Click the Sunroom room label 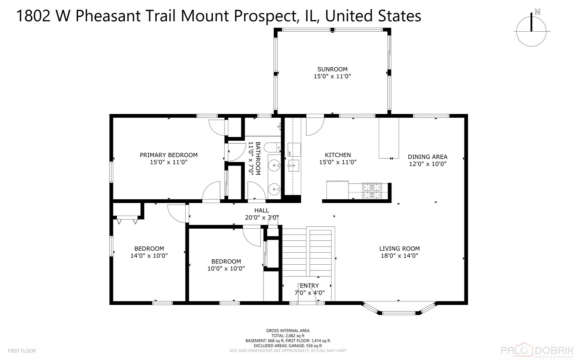click(332, 69)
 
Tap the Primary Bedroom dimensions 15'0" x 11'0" click(169, 162)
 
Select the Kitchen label click(338, 155)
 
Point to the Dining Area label click(427, 157)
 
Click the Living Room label click(399, 249)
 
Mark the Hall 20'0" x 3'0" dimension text click(262, 218)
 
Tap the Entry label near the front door click(309, 286)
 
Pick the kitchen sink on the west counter click(294, 165)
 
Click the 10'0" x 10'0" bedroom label click(226, 265)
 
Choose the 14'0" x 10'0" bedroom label click(149, 252)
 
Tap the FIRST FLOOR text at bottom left click(22, 351)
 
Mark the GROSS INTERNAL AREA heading click(288, 331)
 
